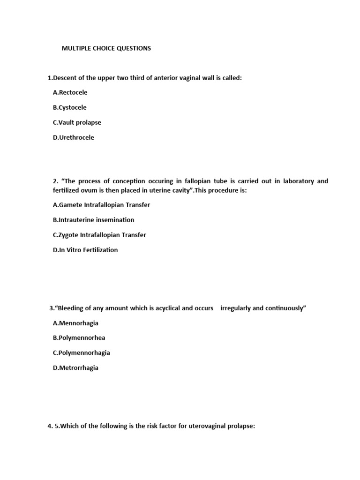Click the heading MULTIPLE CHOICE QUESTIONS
(x=106, y=48)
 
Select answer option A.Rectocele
(x=70, y=92)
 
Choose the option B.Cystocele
(x=70, y=107)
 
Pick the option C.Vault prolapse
(x=77, y=122)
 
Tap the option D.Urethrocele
(x=74, y=137)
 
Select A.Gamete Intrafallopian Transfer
(x=102, y=205)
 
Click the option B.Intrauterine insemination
(x=94, y=220)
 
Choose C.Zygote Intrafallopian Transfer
(x=99, y=235)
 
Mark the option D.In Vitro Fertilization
(x=85, y=250)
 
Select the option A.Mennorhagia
(x=76, y=323)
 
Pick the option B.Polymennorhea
(x=79, y=338)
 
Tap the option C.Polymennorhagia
(x=82, y=353)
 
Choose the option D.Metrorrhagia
(x=76, y=368)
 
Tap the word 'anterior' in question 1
(x=163, y=78)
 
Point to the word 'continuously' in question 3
(x=286, y=308)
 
